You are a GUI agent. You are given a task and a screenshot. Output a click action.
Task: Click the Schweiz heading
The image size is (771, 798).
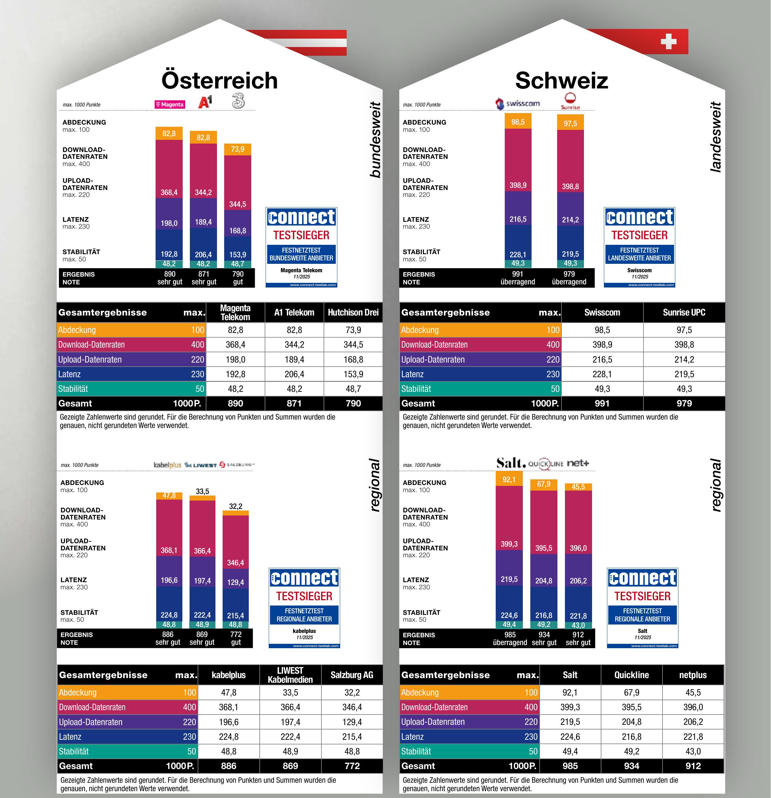561,81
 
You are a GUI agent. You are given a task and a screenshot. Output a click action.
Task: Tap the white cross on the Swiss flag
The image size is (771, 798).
668,41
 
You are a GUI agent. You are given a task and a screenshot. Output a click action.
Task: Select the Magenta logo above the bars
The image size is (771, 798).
170,104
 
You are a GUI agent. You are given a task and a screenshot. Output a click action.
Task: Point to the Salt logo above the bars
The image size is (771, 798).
511,463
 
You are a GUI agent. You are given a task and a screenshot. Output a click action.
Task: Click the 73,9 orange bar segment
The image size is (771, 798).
238,149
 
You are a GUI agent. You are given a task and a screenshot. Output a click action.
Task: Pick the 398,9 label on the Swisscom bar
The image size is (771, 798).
518,185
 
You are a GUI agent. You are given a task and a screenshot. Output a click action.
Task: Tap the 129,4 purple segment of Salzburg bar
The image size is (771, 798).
235,582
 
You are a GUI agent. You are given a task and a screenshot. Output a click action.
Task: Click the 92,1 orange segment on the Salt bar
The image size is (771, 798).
509,479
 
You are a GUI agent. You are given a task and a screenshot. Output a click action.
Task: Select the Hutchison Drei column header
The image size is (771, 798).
353,312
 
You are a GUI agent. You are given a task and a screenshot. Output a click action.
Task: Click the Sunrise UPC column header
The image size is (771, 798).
684,312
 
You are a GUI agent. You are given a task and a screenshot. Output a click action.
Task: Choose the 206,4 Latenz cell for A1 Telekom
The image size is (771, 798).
294,374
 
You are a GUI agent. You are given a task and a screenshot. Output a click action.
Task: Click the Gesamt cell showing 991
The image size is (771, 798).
602,403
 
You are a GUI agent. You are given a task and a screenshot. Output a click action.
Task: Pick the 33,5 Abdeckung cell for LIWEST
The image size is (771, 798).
290,692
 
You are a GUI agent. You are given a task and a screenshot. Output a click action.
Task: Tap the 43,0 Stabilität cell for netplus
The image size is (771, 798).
693,751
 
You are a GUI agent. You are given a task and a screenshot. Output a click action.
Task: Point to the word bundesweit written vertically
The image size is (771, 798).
375,140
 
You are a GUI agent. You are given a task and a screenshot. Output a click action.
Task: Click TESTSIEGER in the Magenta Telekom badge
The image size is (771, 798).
301,235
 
